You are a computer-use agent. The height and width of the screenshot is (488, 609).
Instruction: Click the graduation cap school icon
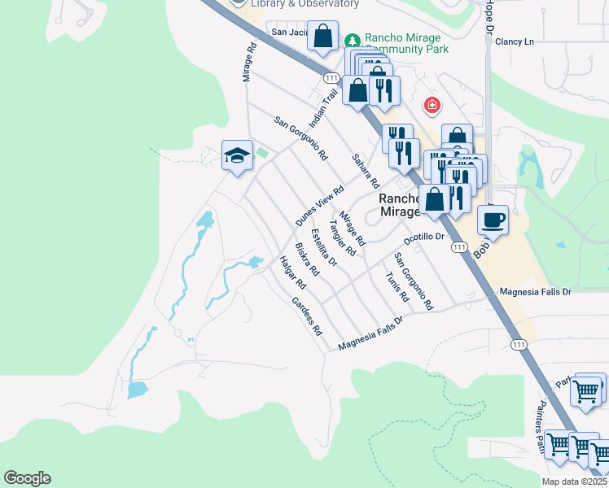coord(236,156)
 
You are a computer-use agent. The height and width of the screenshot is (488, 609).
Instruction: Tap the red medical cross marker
coord(432,106)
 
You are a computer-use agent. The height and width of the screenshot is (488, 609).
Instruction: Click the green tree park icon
coord(353,40)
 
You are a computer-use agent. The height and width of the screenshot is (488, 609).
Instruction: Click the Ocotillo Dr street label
coord(426,237)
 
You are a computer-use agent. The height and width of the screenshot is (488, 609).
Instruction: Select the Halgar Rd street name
coord(291,273)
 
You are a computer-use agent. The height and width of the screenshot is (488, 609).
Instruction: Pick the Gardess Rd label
coord(307,316)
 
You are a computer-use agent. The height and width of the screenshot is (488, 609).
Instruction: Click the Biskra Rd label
coord(307,259)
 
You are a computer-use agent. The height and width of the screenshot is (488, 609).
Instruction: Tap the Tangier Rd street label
coord(342,237)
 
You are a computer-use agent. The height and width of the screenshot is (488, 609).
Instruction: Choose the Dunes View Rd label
coord(316,206)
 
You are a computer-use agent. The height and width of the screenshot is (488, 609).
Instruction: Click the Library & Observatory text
coord(305,4)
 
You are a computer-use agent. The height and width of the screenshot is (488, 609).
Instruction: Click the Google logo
coord(27,478)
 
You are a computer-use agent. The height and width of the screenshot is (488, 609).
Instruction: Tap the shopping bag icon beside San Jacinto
coord(323,37)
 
